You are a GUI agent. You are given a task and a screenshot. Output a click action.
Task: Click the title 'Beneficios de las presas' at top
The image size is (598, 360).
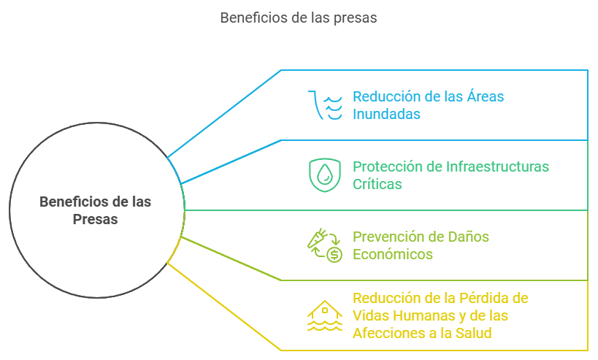pos(299,18)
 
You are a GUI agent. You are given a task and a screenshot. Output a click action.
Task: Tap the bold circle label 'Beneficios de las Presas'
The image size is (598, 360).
pos(95,210)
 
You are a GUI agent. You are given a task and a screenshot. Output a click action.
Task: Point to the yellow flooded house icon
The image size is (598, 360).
pos(325,315)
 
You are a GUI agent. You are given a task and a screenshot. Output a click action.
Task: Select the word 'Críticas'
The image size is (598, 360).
pos(377,184)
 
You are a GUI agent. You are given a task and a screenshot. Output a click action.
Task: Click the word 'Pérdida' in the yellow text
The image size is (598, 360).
pos(483,298)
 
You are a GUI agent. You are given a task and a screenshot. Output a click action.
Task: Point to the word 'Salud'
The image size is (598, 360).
pos(472,333)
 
